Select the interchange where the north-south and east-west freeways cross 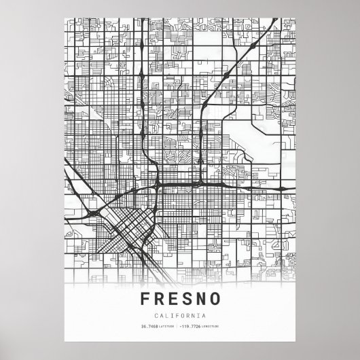[x=157, y=185]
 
